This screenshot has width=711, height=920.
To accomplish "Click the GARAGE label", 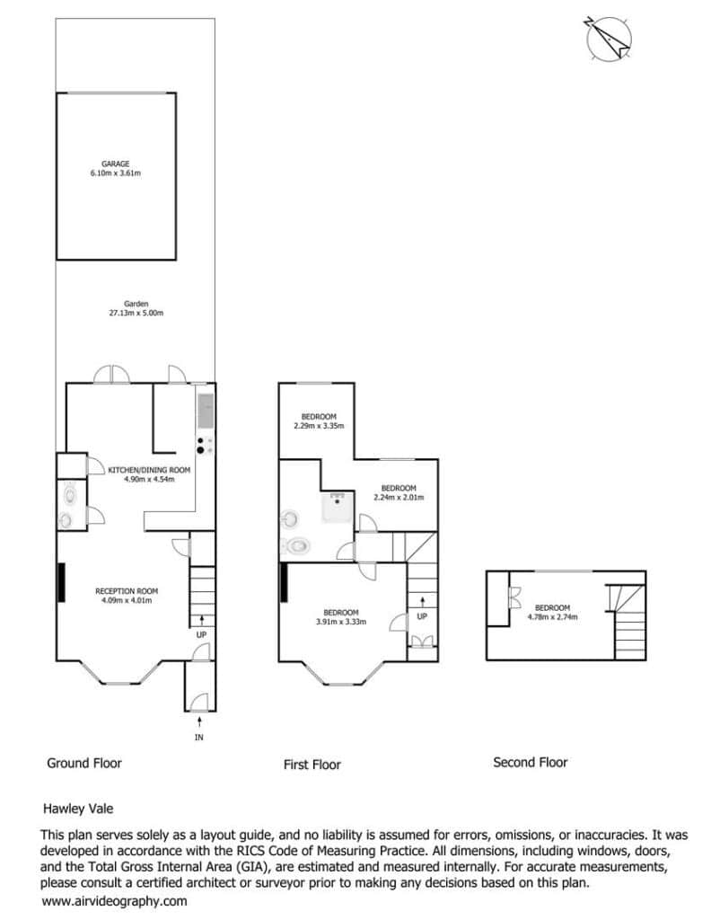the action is pos(116,164).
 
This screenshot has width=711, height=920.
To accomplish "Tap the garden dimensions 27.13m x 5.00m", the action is pos(136,314).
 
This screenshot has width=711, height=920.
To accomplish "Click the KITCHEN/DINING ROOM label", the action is pos(149,470).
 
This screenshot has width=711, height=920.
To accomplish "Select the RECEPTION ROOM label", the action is pos(127,591).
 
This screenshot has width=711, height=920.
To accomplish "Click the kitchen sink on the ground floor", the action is pos(206,411).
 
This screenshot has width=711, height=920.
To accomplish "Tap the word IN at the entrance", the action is pos(199,738).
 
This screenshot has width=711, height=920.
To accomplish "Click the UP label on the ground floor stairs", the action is pos(202,635).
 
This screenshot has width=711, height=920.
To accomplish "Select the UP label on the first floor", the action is pos(422,616).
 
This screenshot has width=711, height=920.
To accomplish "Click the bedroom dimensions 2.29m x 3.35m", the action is pos(319,426).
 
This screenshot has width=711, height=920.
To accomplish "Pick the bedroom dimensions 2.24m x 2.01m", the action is pos(399,498).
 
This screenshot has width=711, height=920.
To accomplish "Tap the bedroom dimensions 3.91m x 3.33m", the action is pos(341,622).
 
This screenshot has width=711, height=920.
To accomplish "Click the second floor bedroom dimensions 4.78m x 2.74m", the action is pos(552,617).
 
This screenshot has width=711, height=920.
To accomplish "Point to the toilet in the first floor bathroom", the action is pos(294,546).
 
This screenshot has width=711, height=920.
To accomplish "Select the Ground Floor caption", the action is pos(84,764).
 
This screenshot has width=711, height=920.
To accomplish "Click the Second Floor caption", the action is pos(531,763).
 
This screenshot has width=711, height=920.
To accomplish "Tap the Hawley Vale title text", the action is pos(78,809).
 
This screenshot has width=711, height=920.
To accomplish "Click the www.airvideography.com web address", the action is pos(114,901).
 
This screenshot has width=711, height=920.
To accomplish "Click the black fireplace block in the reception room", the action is pos(61,582).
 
